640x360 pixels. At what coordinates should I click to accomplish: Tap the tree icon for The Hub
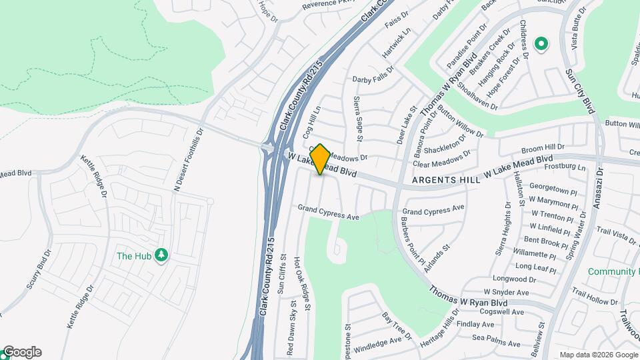pos(161,255)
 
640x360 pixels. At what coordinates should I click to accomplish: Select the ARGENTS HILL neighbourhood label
pos(441,180)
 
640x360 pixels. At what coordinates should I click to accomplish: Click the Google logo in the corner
pos(22,352)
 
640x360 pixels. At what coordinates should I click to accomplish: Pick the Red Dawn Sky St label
pos(291,327)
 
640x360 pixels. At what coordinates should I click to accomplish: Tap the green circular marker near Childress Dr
pos(542,45)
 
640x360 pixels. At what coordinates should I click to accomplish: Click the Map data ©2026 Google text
pos(598,355)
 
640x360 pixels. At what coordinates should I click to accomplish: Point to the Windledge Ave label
pos(377,343)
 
